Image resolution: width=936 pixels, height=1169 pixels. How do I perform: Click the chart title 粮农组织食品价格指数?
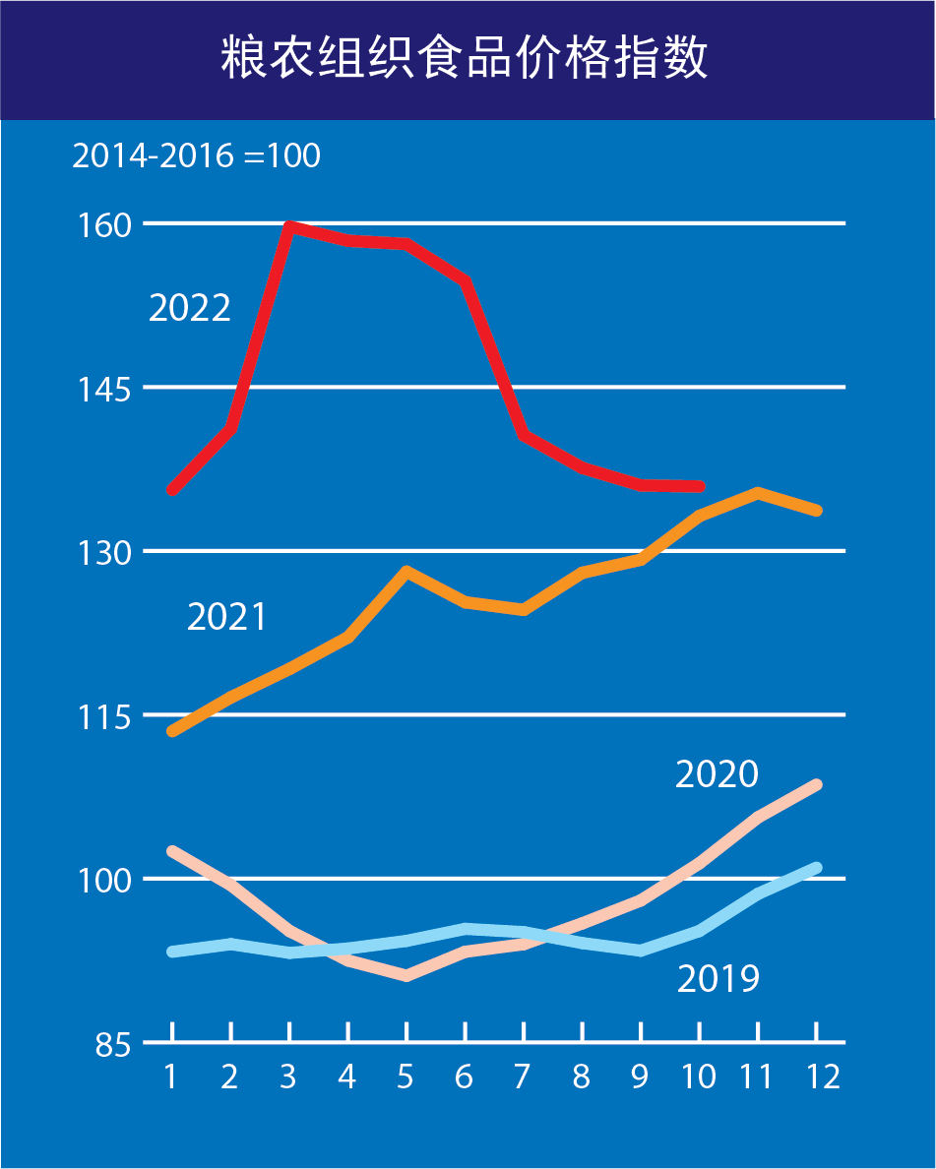coord(465,59)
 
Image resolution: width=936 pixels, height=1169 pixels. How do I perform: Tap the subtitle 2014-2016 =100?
coord(196,155)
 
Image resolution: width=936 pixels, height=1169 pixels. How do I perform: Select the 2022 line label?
coord(190,308)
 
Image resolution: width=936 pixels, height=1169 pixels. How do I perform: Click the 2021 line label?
coord(227,617)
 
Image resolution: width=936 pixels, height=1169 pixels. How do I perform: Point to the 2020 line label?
coord(718,774)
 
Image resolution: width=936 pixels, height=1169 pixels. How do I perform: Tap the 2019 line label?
coord(718,979)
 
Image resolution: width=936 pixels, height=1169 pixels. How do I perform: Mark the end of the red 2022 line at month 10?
coord(700,486)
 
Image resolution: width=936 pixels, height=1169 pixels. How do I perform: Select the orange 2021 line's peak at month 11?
coord(758,492)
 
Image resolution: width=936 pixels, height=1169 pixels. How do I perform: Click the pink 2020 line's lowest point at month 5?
coord(406,975)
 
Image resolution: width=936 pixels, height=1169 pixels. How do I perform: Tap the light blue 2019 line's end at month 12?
coord(817,868)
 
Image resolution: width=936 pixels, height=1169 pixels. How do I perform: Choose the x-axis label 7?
coord(523,1077)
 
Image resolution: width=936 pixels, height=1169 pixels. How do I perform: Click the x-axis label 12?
coord(824,1077)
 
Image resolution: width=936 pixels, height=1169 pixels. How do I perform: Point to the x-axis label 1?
coord(171,1077)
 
